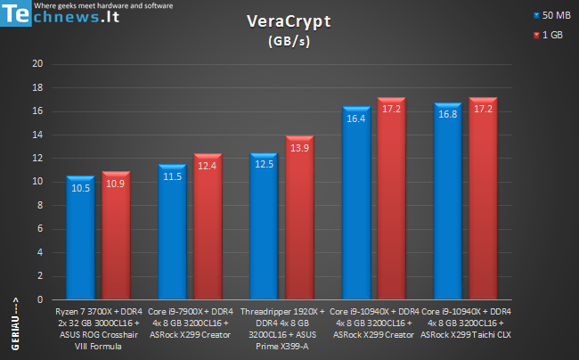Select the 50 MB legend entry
(552, 15)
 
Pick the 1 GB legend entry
(549, 35)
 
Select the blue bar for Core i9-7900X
(172, 232)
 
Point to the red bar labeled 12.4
(208, 226)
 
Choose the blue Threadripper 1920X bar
(264, 226)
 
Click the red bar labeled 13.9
(299, 217)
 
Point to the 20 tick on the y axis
(37, 64)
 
